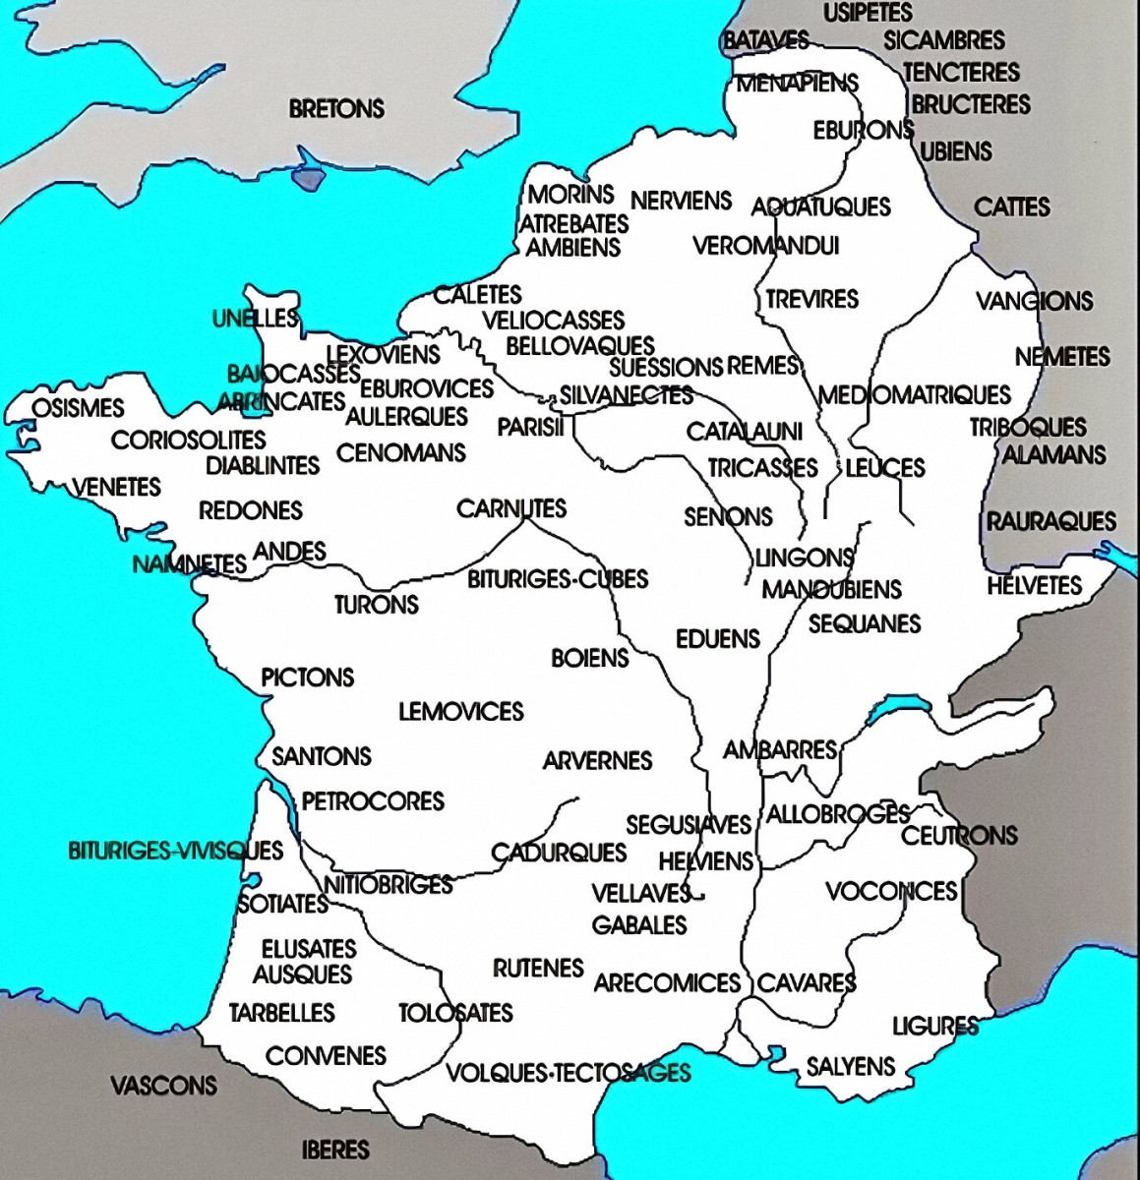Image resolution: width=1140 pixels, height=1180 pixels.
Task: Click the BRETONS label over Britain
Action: click(x=336, y=108)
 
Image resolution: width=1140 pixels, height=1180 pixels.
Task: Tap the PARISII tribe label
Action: click(x=530, y=428)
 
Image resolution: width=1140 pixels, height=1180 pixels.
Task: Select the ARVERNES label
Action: click(x=597, y=760)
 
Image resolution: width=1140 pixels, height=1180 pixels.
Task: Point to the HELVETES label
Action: click(x=1034, y=586)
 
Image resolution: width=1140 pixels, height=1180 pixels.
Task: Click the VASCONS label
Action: click(x=163, y=1086)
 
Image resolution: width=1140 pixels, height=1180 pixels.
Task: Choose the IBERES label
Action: click(x=335, y=1149)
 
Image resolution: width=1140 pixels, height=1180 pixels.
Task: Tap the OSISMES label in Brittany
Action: click(x=78, y=408)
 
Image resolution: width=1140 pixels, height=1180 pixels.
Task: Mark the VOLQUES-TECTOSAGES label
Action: click(x=569, y=1072)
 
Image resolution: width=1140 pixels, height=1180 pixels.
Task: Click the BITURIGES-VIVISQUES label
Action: click(x=175, y=851)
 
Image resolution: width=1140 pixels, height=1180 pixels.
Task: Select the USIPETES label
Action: click(x=868, y=13)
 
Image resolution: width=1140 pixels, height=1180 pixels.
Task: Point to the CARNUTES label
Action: click(x=511, y=508)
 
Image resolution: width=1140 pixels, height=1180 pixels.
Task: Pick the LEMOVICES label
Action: click(x=460, y=711)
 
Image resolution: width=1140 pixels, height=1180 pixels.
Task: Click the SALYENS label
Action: click(x=851, y=1066)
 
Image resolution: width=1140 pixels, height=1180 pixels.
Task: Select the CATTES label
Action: click(x=1012, y=207)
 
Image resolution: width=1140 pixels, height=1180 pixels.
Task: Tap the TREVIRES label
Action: click(x=811, y=299)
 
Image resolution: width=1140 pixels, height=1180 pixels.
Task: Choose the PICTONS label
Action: click(x=307, y=678)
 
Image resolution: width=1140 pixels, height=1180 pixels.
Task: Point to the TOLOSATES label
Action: click(x=455, y=1013)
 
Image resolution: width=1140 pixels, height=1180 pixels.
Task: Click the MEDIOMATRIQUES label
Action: click(x=914, y=395)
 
